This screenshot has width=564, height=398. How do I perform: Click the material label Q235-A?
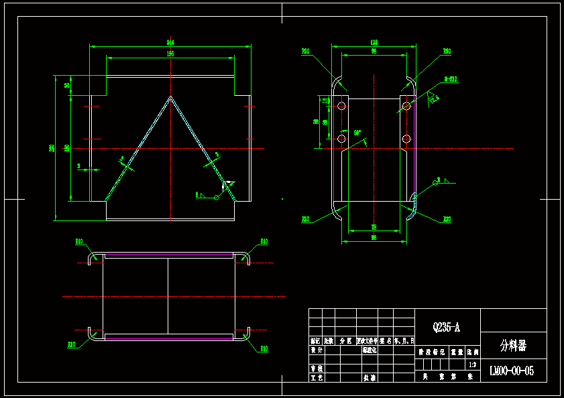(447, 328)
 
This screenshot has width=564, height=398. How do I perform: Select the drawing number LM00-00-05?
(512, 371)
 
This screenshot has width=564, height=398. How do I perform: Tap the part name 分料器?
(513, 346)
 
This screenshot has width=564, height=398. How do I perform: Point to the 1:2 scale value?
(472, 365)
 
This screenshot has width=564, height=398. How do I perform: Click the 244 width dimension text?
(170, 42)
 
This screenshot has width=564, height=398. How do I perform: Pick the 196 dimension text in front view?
(170, 54)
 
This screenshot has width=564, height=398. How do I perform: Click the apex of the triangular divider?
(171, 97)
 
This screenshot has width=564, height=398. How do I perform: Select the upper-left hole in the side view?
(341, 106)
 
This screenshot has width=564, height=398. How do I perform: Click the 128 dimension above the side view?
(374, 42)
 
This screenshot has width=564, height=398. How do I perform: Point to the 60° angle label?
(357, 133)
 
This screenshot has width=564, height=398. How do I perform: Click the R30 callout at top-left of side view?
(305, 51)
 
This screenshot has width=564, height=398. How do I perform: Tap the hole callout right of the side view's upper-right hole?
(451, 79)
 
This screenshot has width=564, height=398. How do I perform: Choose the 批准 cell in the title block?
(369, 378)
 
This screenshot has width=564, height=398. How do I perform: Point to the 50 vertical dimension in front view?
(67, 85)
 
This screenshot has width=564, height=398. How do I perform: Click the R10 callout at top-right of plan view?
(264, 241)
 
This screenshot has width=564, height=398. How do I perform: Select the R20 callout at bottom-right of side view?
(447, 219)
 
